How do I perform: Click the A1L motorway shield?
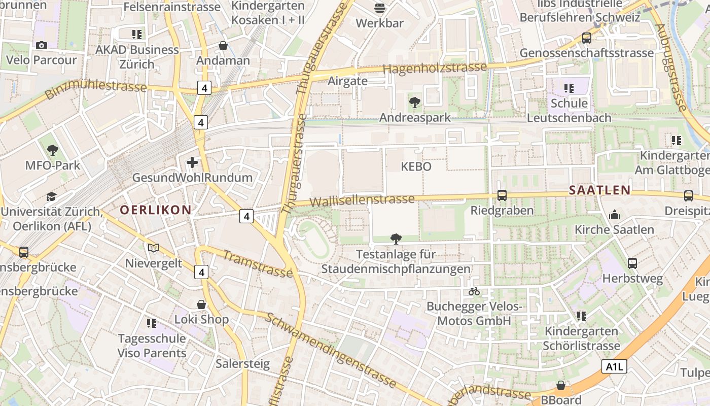614,366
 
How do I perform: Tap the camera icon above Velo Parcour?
42,45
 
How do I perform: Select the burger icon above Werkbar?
380,8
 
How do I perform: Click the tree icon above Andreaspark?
415,103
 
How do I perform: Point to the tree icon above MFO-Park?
52,150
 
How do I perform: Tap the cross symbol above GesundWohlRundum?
192,162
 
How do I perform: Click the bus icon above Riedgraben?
502,195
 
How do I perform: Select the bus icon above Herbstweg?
632,263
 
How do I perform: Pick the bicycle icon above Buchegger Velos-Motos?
474,291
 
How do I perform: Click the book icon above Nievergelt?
154,248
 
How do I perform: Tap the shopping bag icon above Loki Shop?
201,304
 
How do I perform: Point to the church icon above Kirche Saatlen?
615,214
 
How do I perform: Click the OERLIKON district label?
156,210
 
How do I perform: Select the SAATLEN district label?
599,190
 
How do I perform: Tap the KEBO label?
416,166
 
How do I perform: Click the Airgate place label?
347,81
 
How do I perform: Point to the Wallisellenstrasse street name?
362,200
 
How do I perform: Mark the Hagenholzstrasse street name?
435,67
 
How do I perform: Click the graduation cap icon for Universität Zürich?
51,196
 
